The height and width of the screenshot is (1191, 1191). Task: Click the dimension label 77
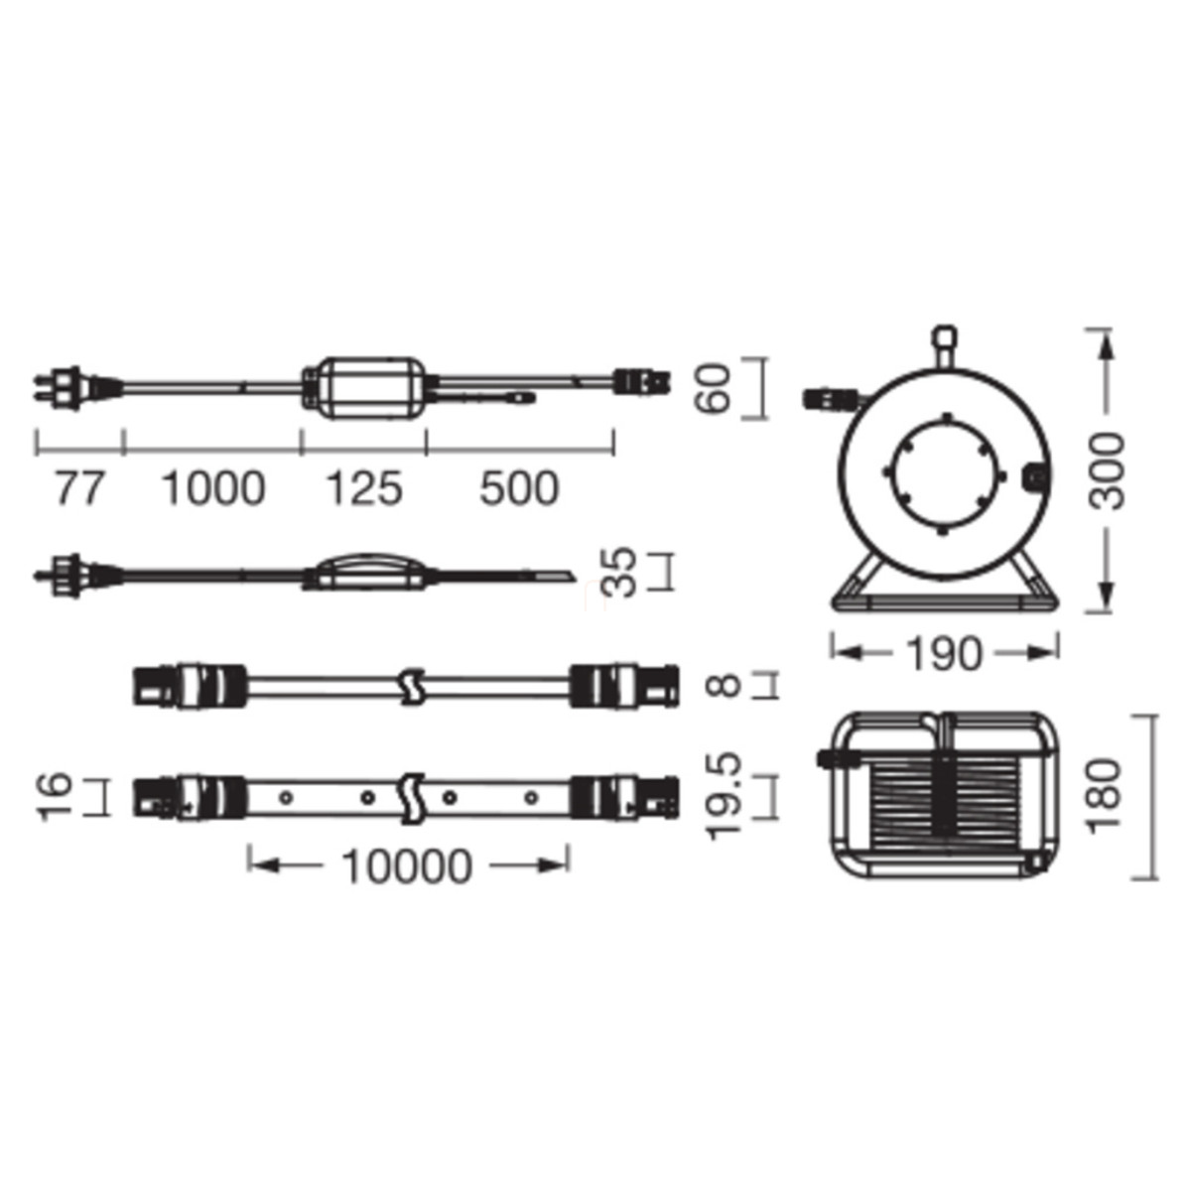[78, 489]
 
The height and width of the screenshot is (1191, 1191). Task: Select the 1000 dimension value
[213, 489]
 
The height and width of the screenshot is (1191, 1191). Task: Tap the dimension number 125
[363, 489]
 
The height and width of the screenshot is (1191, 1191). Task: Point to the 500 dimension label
[519, 489]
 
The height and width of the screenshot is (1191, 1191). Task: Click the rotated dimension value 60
[713, 388]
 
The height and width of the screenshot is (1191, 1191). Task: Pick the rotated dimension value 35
[618, 572]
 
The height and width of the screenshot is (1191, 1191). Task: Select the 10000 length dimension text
[407, 865]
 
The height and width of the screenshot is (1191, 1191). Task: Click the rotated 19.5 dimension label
[725, 795]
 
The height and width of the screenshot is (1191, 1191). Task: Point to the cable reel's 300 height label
[1106, 471]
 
